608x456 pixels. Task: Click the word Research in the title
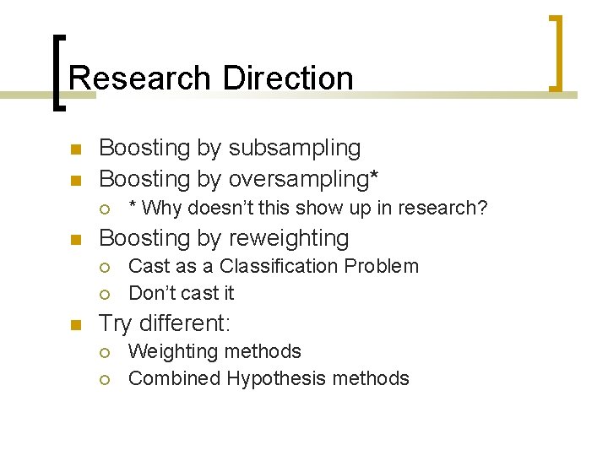pos(140,79)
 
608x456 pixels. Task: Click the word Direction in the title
pos(288,79)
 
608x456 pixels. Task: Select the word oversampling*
pos(304,179)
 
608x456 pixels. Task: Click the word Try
pos(117,323)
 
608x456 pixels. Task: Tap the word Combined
pos(174,378)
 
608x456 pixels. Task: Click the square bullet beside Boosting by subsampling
pos(75,149)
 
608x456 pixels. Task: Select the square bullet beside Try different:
pos(75,325)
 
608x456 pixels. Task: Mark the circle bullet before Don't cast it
pos(106,294)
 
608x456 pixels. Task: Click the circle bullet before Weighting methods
pos(106,352)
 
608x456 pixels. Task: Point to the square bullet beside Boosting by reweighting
pos(75,241)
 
